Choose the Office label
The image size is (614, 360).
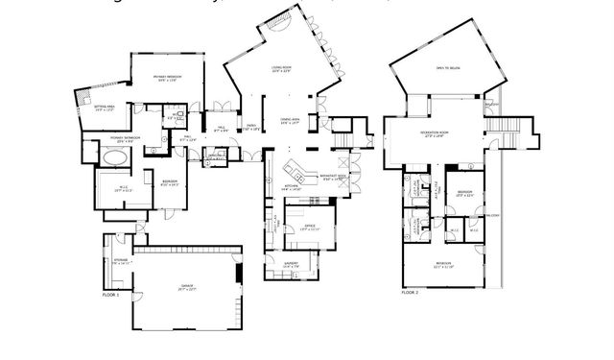point(309,228)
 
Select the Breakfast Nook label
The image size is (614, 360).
point(334,177)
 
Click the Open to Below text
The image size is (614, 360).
point(447,69)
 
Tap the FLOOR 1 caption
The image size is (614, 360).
point(110,296)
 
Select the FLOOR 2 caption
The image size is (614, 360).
point(411,290)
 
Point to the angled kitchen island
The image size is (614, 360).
point(300,175)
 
